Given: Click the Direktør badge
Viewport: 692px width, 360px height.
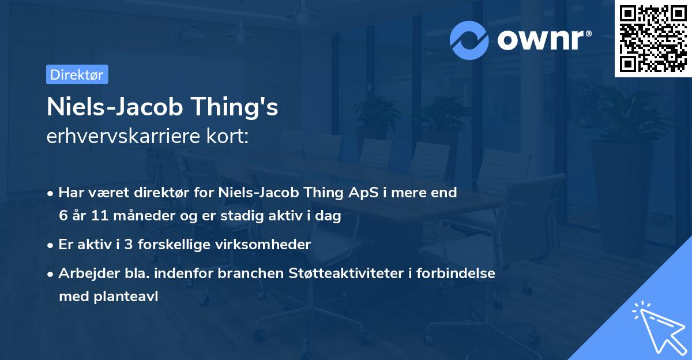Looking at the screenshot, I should coord(77,75).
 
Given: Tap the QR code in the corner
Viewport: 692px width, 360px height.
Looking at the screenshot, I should coord(653,39).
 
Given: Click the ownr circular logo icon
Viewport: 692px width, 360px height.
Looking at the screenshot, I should coord(469,40).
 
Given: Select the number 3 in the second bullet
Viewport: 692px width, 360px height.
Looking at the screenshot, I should coord(126,245).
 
